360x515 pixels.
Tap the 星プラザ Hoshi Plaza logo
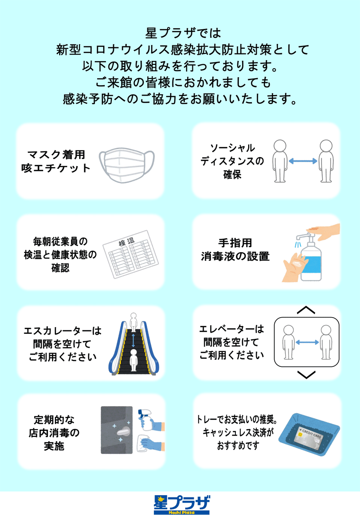[182, 504]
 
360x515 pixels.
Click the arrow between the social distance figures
[303, 161]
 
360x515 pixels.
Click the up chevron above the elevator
[306, 310]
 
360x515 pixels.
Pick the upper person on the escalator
[135, 322]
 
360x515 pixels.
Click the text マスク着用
[56, 154]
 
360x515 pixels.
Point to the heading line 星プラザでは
[182, 34]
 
